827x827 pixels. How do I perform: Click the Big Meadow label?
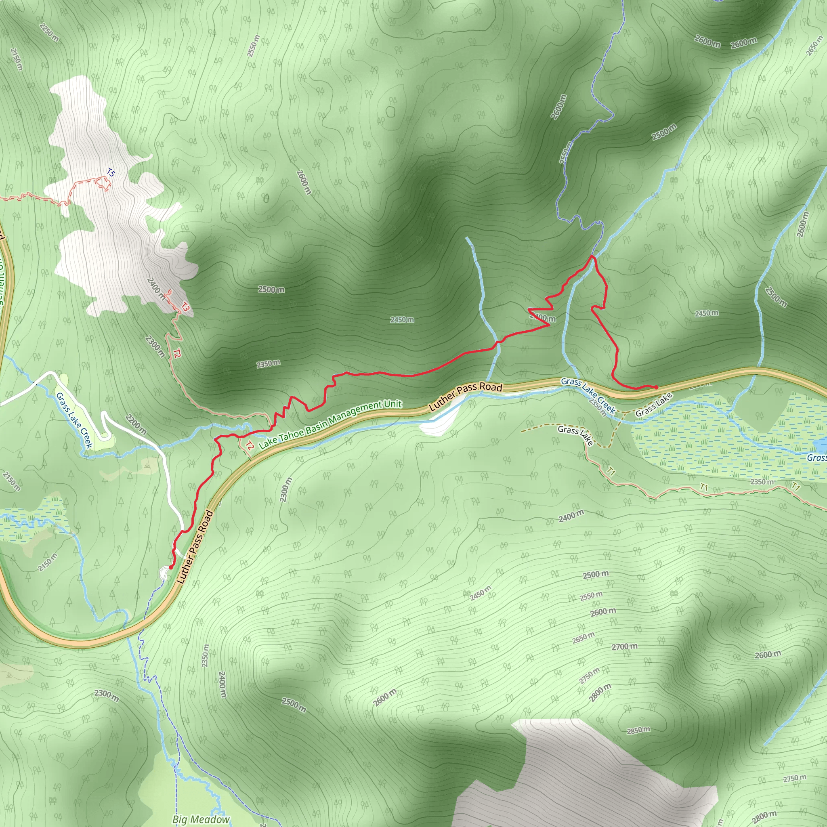201,819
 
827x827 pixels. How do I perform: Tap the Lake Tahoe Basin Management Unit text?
330,424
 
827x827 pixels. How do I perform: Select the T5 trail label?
110,173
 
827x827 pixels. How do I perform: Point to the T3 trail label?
185,306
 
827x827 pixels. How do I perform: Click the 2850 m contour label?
638,730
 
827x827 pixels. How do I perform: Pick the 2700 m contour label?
624,647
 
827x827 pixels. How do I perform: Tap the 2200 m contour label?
136,424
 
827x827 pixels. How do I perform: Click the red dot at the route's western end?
171,567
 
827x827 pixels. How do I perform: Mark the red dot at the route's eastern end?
656,387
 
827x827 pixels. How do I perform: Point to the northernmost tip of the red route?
592,256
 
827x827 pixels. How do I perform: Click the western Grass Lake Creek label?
74,420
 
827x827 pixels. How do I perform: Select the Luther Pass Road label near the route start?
195,547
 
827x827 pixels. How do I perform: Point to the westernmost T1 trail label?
611,471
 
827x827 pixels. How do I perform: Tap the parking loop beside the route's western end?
164,572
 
